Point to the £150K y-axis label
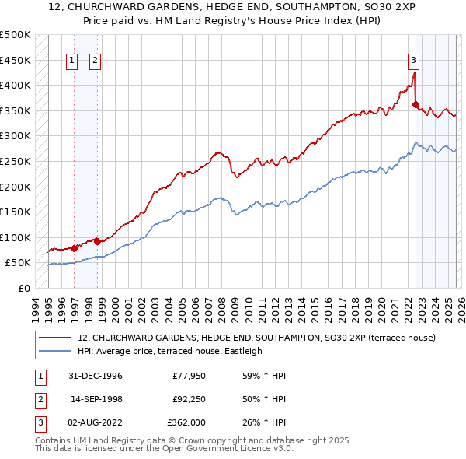[16, 212]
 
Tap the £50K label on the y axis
[19, 263]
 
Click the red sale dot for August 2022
[416, 104]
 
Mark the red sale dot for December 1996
[75, 249]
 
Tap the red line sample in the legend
[56, 338]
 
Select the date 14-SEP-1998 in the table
[96, 399]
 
